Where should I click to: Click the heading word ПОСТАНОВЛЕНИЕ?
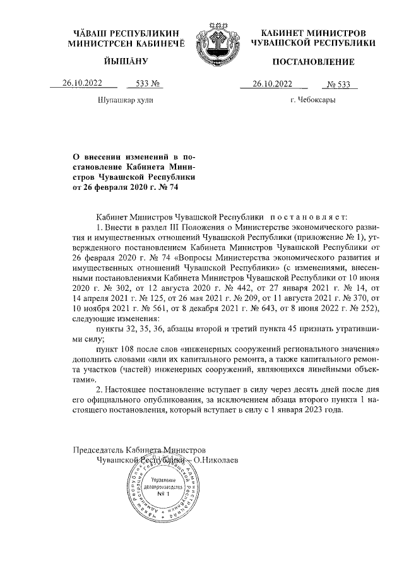click(313, 62)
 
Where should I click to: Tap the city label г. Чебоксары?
click(312, 100)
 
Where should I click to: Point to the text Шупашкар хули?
click(126, 100)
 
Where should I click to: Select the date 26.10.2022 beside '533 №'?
click(81, 83)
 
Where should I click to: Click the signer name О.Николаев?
click(216, 461)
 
